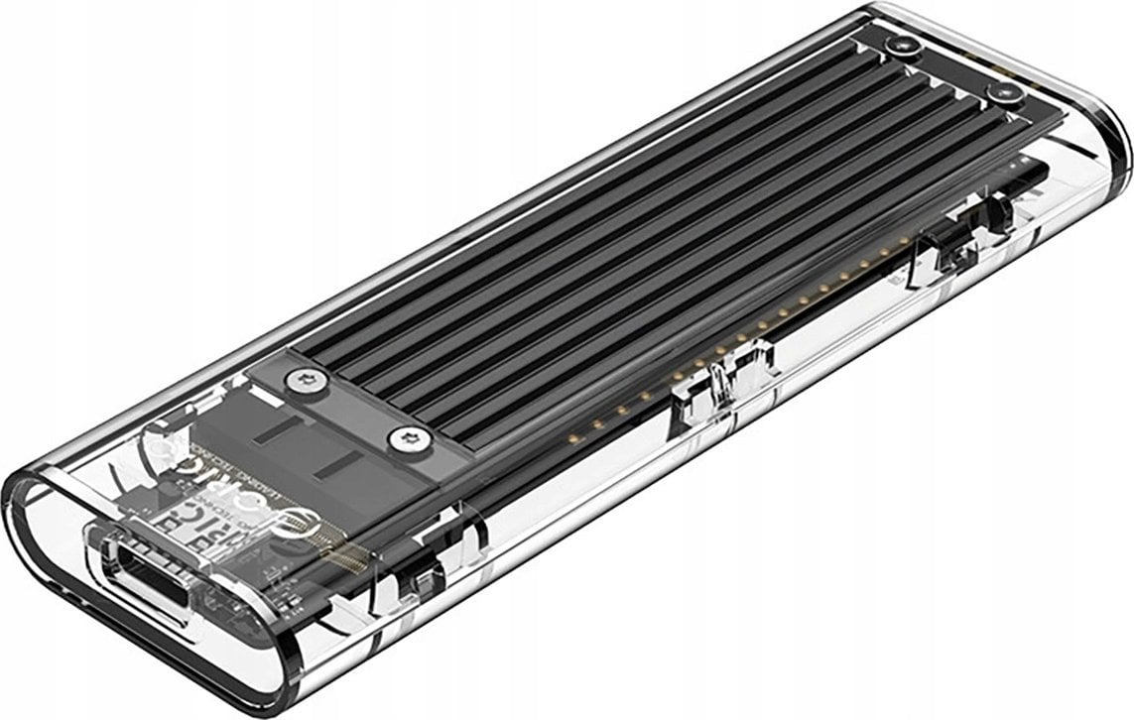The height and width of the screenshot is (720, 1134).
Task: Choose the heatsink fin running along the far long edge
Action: click(595, 188)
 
